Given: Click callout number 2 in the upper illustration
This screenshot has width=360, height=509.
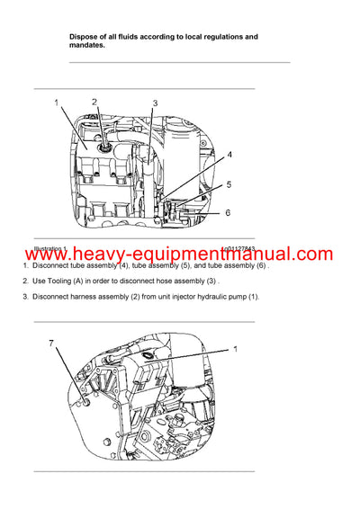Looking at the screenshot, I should [x=95, y=103].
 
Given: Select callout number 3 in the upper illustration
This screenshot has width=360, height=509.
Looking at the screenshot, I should [x=154, y=104].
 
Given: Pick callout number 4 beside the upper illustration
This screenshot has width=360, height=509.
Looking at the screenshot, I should [x=229, y=155].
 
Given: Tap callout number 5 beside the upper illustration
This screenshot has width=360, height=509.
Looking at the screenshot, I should [x=229, y=184].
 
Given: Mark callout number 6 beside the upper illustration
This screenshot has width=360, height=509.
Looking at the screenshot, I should [x=229, y=212].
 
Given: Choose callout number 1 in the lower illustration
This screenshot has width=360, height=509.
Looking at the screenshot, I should [x=237, y=348].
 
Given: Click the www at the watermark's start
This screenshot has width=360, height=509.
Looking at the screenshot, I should [x=42, y=254].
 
